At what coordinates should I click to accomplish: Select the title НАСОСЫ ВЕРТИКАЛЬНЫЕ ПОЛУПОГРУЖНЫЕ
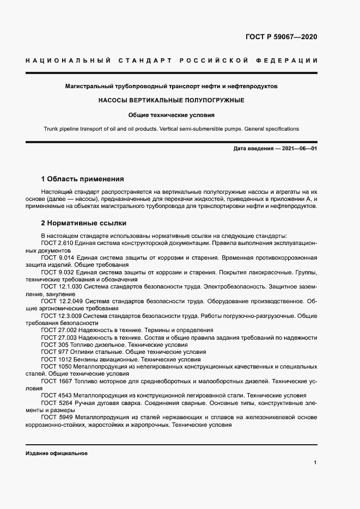pyautogui.click(x=171, y=101)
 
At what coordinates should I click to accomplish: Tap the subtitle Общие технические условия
pyautogui.click(x=171, y=115)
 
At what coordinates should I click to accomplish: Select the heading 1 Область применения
pyautogui.click(x=83, y=179)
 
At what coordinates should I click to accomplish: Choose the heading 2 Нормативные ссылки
pyautogui.click(x=84, y=223)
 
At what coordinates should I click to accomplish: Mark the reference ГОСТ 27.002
pyautogui.click(x=58, y=330)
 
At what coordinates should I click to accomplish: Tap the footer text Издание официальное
pyautogui.click(x=56, y=453)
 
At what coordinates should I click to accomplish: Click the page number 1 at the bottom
pyautogui.click(x=315, y=463)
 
